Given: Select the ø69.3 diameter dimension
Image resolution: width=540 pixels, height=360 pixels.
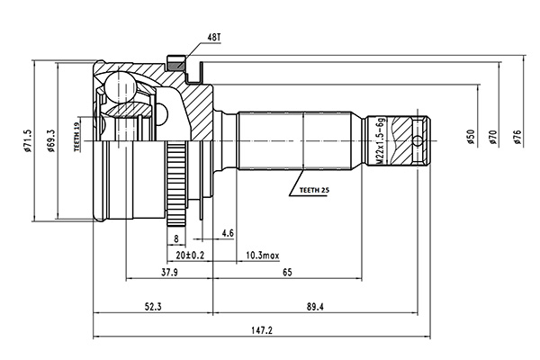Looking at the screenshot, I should [x=52, y=144].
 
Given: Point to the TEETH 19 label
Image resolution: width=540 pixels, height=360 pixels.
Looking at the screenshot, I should [x=78, y=138].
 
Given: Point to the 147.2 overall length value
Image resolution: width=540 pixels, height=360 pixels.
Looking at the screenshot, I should [x=264, y=330].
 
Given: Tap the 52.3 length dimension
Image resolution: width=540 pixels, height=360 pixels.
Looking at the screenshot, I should [x=153, y=307].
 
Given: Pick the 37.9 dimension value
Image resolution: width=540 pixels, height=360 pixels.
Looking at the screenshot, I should [x=168, y=272].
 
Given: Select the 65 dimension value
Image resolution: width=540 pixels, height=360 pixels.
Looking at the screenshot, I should [x=285, y=272].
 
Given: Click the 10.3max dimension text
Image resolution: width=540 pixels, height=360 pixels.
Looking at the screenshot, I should [x=261, y=255].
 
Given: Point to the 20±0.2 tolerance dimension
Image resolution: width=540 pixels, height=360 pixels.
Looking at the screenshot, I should [x=192, y=255].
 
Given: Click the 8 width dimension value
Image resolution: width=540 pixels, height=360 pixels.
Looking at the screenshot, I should [x=176, y=238].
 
